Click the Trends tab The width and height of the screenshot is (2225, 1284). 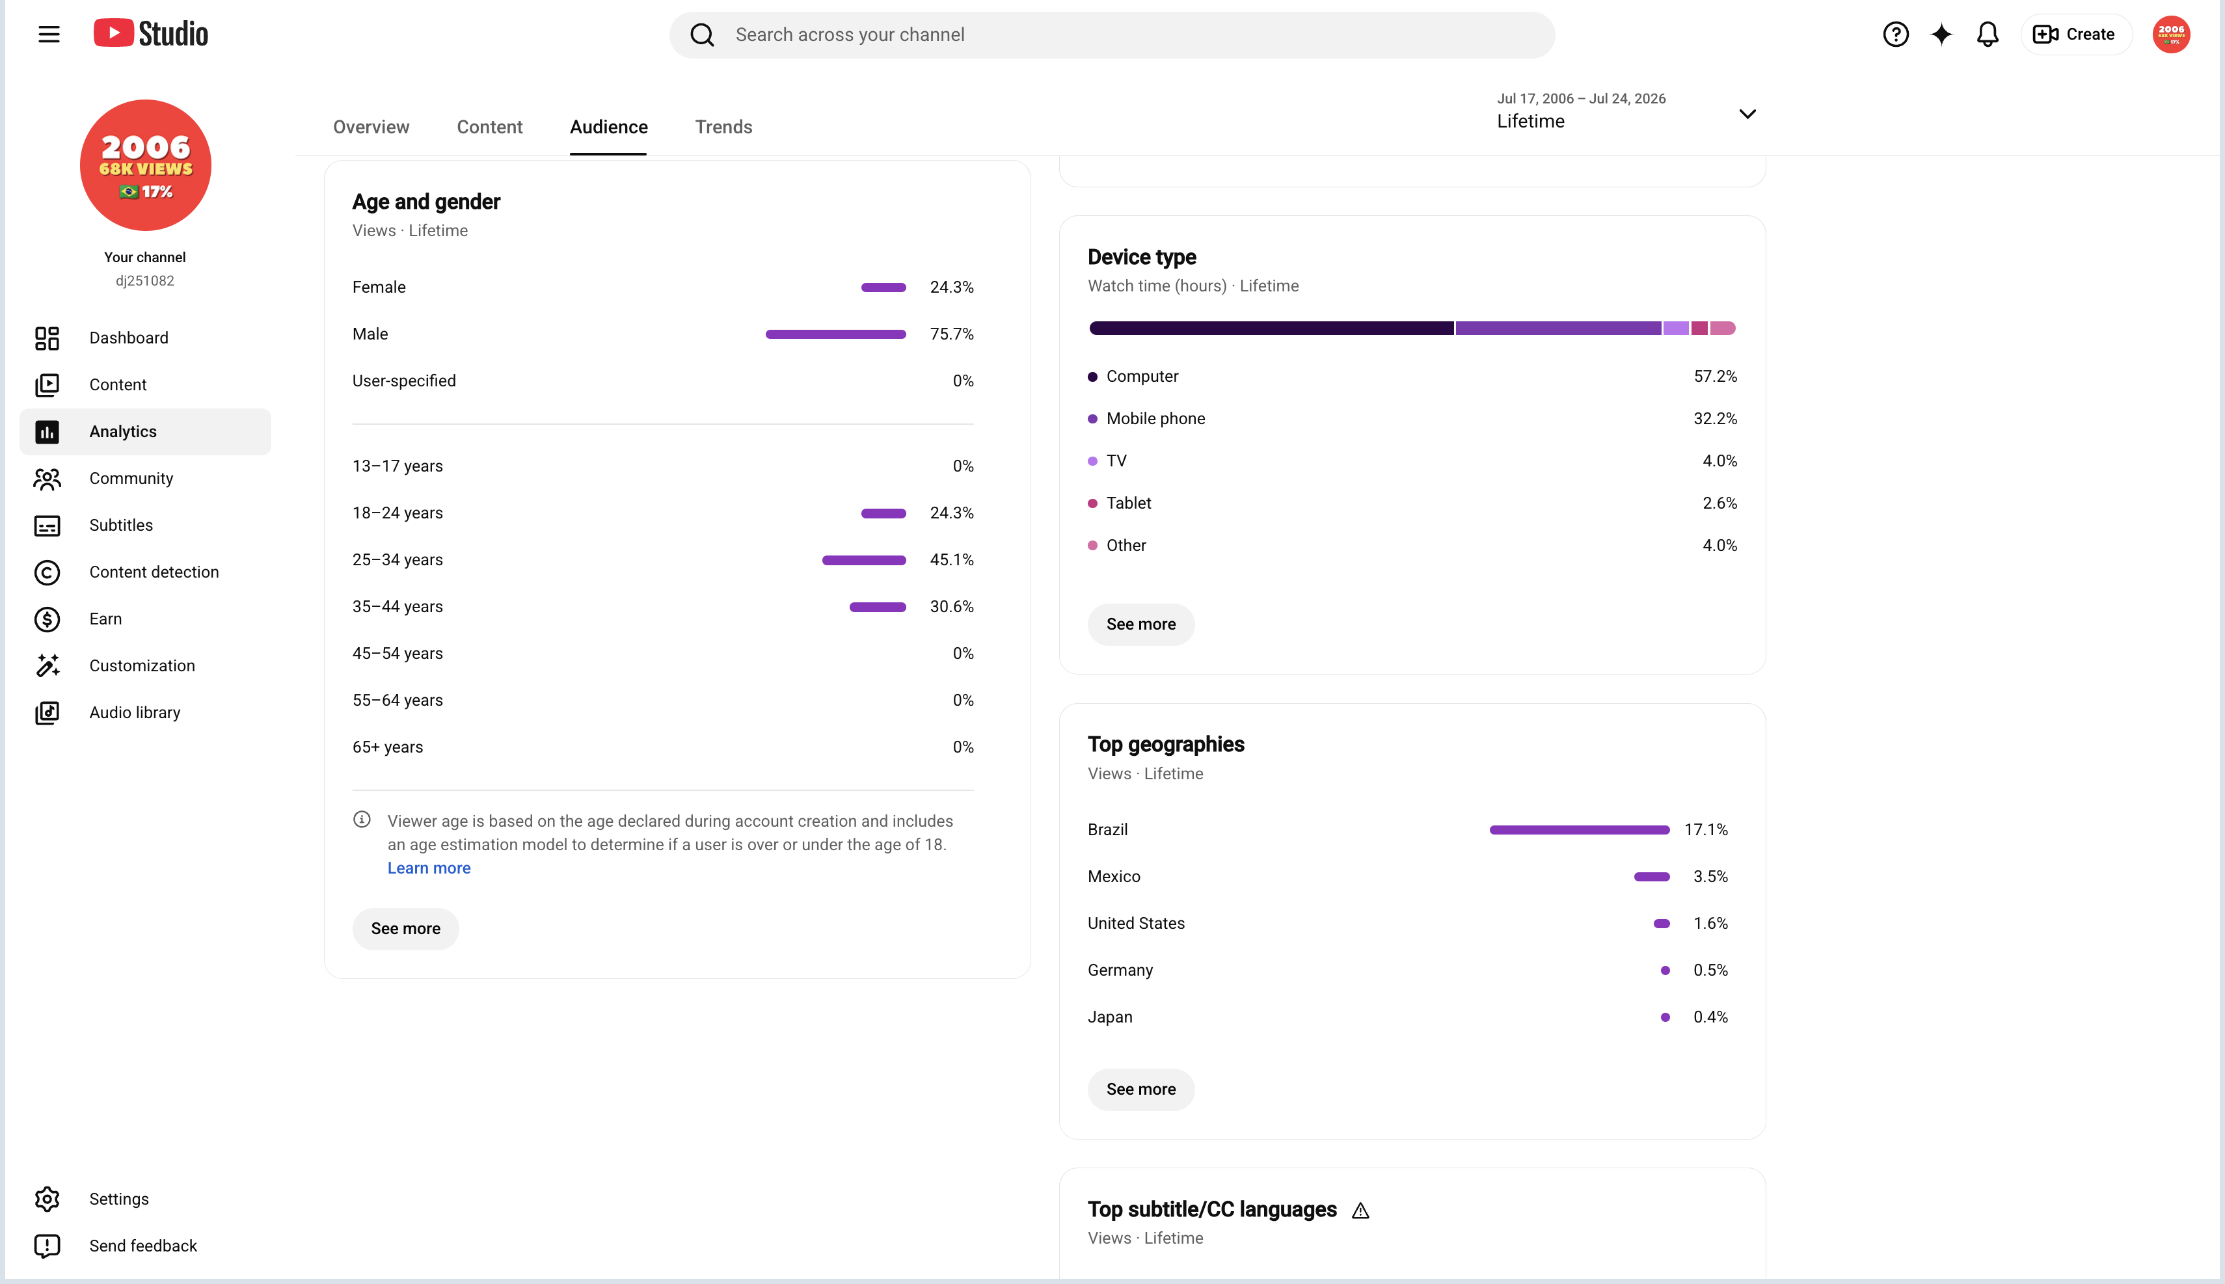point(723,127)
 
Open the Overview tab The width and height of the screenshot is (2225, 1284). point(371,127)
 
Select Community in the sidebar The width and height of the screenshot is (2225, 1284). point(131,478)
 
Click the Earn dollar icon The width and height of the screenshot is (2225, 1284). point(47,619)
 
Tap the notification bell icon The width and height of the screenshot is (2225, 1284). point(1987,34)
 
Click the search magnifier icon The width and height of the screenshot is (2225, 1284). point(702,34)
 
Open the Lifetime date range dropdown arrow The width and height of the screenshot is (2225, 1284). point(1747,114)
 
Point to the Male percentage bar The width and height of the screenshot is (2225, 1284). point(835,334)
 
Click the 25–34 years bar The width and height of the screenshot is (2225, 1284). point(864,560)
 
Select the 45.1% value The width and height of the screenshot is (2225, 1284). point(952,560)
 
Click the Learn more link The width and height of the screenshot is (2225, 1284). point(429,868)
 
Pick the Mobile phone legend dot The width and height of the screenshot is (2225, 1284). point(1093,419)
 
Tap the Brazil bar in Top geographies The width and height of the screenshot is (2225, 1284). point(1580,830)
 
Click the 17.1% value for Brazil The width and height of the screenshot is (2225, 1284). point(1706,830)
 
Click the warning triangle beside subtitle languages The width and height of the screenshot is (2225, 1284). point(1361,1210)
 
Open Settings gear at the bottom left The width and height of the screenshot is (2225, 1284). point(47,1199)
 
